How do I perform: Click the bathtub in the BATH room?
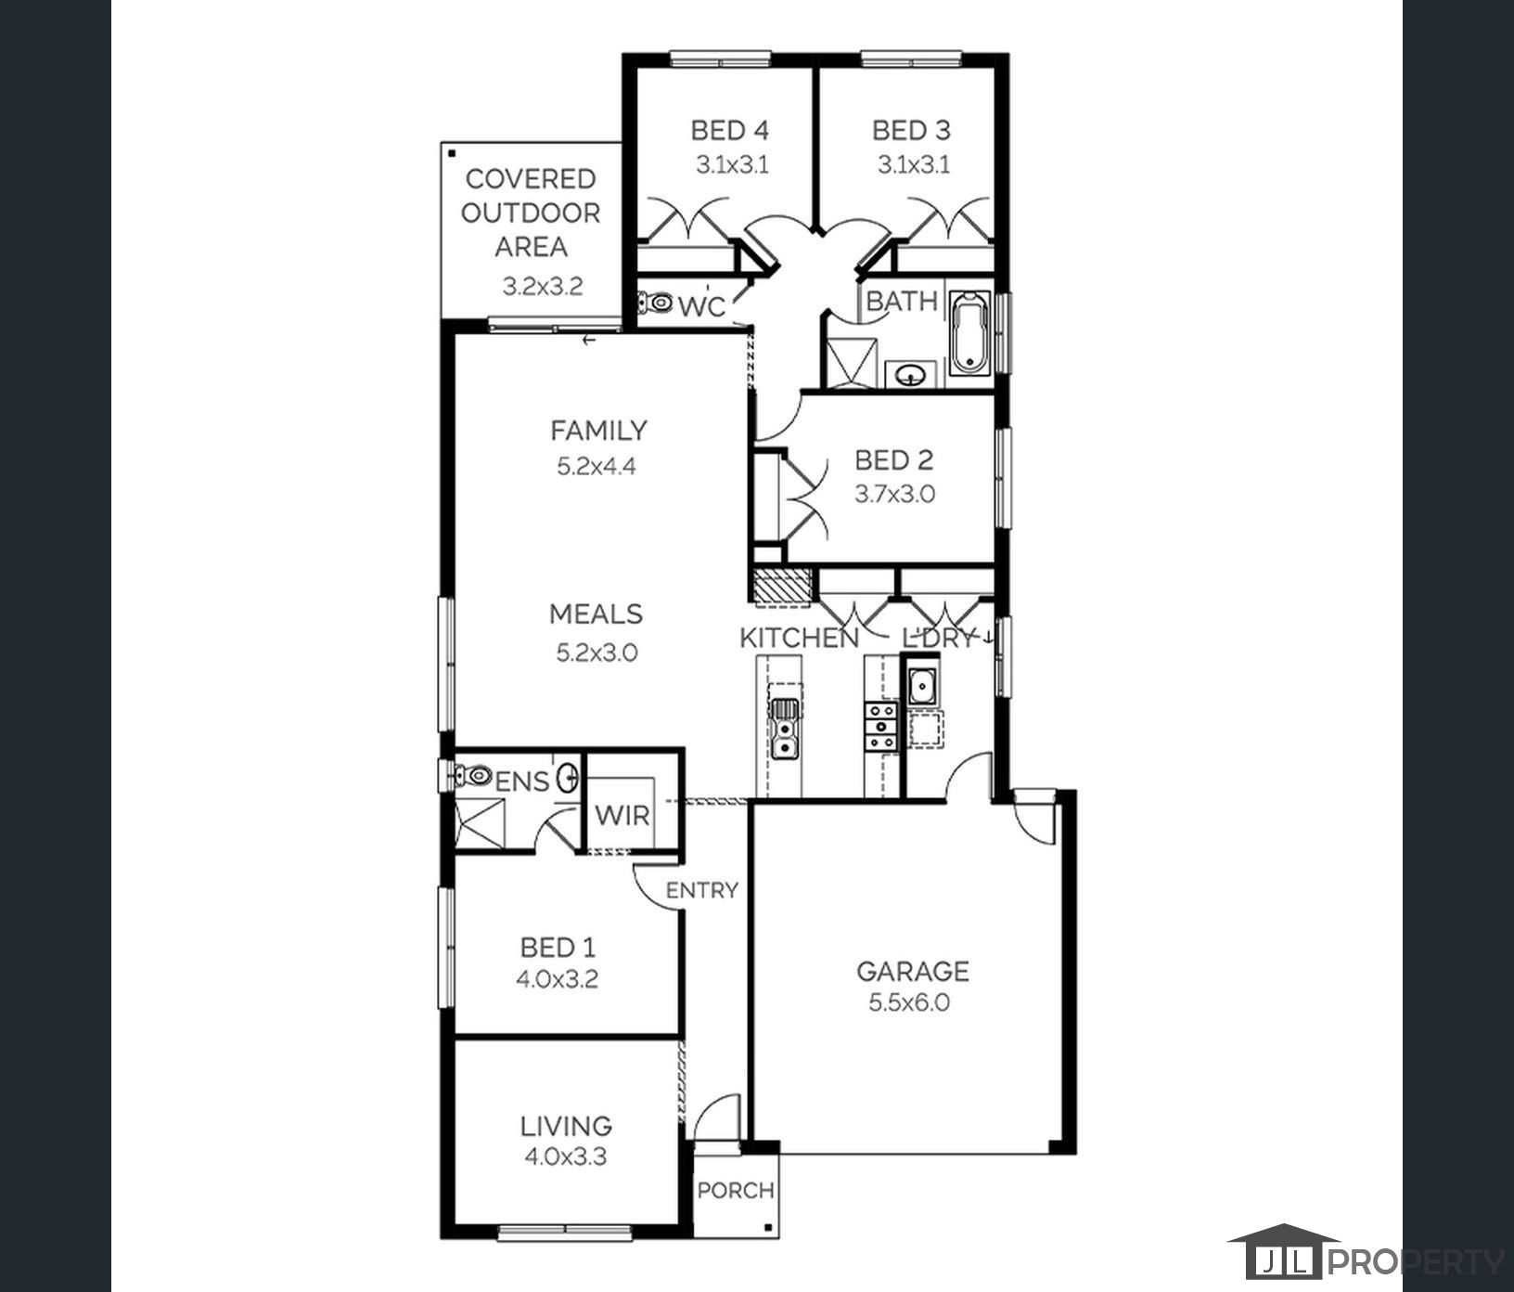969,333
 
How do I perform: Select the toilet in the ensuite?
472,774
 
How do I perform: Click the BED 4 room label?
730,130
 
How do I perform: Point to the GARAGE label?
912,971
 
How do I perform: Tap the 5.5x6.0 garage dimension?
909,1002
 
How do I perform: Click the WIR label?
622,816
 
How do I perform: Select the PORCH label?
736,1190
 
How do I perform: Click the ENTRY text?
702,890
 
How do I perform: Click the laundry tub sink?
921,687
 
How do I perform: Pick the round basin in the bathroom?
913,375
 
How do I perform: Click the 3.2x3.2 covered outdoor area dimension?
543,287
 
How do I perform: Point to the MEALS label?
596,614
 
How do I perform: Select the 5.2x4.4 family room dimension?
597,466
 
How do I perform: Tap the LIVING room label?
566,1126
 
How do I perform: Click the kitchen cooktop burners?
880,726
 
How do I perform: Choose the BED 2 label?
894,459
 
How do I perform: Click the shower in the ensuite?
481,822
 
